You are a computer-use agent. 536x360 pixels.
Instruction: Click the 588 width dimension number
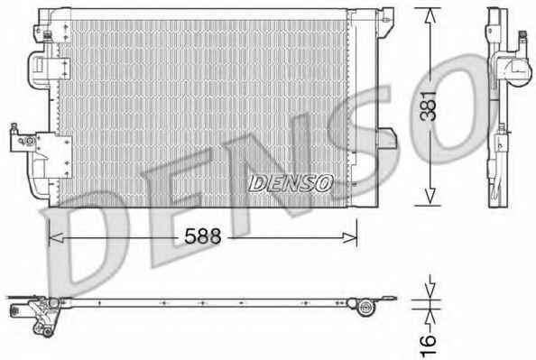[203, 236]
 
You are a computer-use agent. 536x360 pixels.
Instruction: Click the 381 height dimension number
[429, 106]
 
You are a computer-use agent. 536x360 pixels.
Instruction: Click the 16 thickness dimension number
[429, 346]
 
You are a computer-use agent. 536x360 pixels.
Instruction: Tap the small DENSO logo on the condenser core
[291, 183]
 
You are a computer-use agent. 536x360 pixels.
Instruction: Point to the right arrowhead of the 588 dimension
[350, 237]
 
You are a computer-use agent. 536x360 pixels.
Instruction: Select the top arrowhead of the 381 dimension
[430, 15]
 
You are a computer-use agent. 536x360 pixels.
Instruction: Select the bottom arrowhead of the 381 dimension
[430, 198]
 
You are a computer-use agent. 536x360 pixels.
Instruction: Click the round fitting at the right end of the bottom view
[365, 308]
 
